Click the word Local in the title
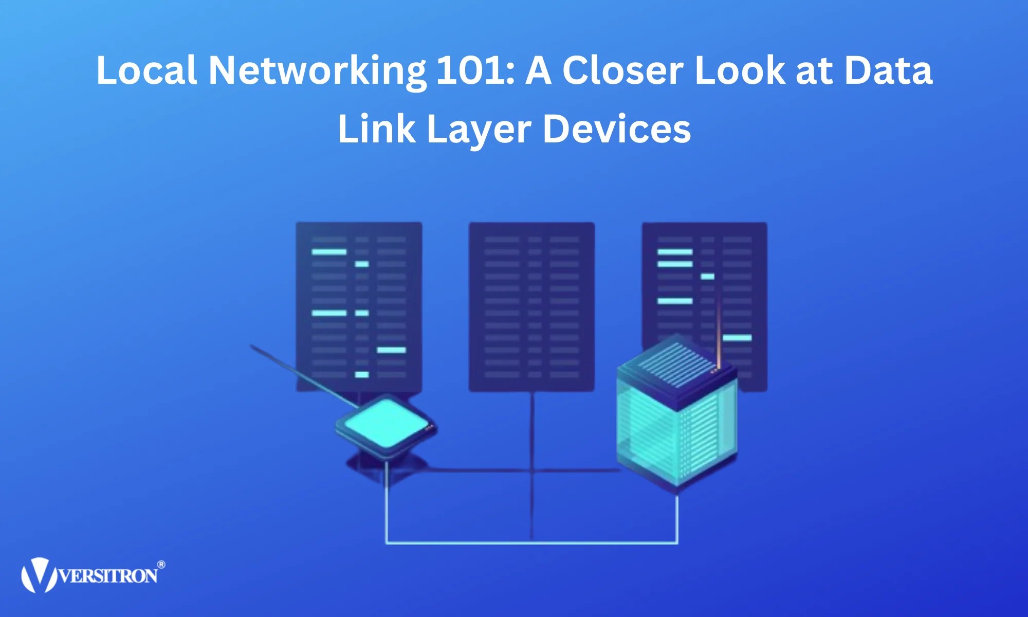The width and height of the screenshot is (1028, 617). (x=146, y=70)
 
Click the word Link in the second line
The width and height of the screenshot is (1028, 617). (x=376, y=129)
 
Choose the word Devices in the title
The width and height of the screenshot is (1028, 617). (x=617, y=129)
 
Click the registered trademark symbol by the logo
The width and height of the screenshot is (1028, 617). (x=161, y=565)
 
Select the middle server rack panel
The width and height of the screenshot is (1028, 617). (x=531, y=307)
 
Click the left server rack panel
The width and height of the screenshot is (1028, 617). (x=359, y=307)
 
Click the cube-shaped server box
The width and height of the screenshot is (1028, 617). (x=676, y=422)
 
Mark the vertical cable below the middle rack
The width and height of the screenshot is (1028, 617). (x=532, y=463)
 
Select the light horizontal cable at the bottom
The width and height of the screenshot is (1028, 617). (x=531, y=542)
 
